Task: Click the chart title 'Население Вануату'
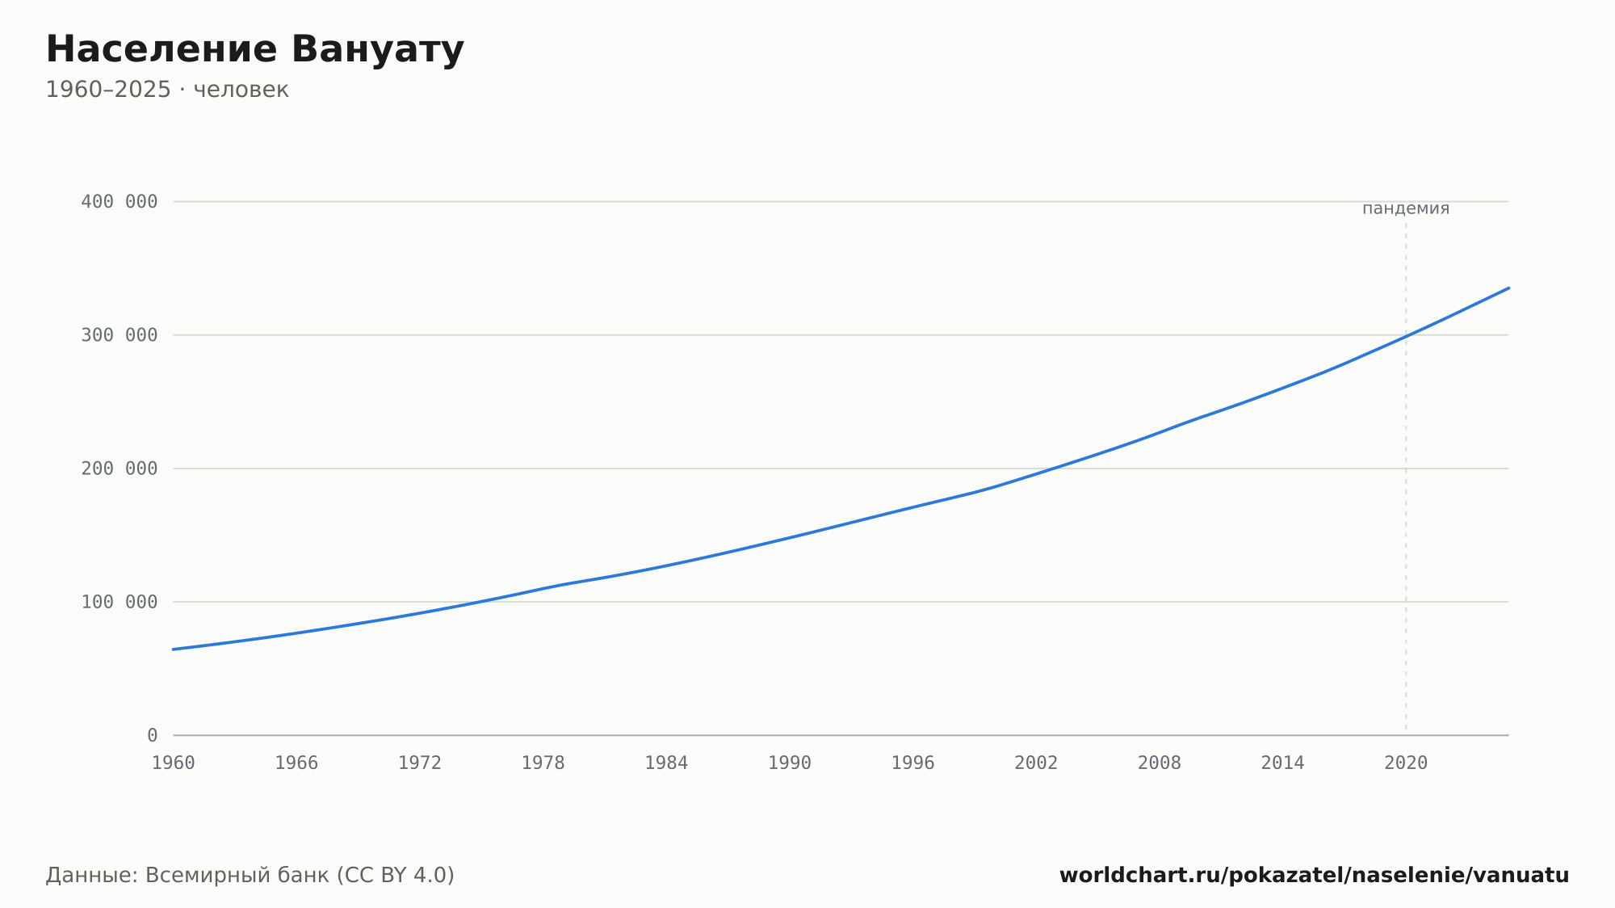pos(255,49)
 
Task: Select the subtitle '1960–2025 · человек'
pos(167,90)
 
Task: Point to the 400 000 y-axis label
pos(120,202)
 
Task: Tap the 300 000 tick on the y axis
pos(120,335)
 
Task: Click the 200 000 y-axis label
pos(120,469)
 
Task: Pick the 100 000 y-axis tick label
pos(120,602)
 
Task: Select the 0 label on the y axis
pos(153,736)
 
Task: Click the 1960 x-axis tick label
pos(174,763)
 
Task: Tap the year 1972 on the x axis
pos(420,763)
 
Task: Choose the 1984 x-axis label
pos(666,763)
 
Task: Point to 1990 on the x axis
pos(790,763)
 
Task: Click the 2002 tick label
pos(1036,763)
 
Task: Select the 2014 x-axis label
pos(1283,763)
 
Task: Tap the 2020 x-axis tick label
pos(1406,763)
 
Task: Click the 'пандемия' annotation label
pos(1406,208)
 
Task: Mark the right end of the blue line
pos(1508,288)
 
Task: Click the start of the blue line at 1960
pos(174,649)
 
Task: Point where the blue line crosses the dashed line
pos(1406,336)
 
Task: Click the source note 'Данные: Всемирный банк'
pos(188,876)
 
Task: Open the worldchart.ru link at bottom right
pos(1315,876)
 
